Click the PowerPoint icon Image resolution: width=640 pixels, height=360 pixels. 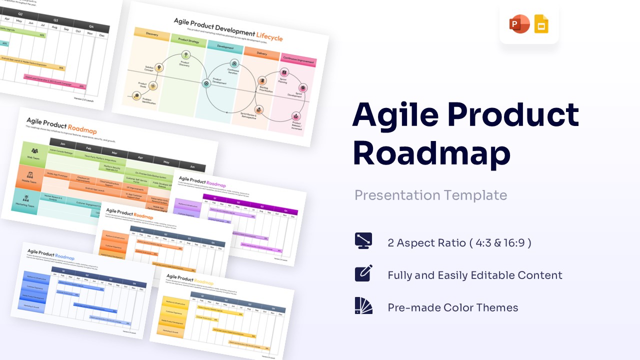click(x=519, y=24)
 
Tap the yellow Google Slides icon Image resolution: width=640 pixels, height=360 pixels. click(x=541, y=24)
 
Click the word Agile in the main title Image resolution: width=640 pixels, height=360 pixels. click(x=395, y=115)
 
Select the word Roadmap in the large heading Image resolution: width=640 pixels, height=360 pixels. click(x=431, y=153)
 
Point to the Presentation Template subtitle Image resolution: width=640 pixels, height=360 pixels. click(x=430, y=195)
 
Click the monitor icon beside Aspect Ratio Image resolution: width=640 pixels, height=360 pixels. click(x=363, y=241)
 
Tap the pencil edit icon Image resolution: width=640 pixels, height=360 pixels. click(x=363, y=273)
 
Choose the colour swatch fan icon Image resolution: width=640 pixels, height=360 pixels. click(x=363, y=305)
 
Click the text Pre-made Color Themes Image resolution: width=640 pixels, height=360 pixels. click(x=452, y=307)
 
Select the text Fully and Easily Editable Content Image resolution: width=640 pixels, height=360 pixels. click(x=474, y=275)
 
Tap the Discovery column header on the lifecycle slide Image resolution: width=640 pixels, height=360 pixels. click(x=152, y=34)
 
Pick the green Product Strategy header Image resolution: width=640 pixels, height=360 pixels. click(x=188, y=41)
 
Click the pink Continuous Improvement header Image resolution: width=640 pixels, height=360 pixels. click(x=299, y=60)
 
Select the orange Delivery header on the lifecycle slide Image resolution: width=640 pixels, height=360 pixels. click(x=262, y=53)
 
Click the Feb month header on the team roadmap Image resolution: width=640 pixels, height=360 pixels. click(x=88, y=148)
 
